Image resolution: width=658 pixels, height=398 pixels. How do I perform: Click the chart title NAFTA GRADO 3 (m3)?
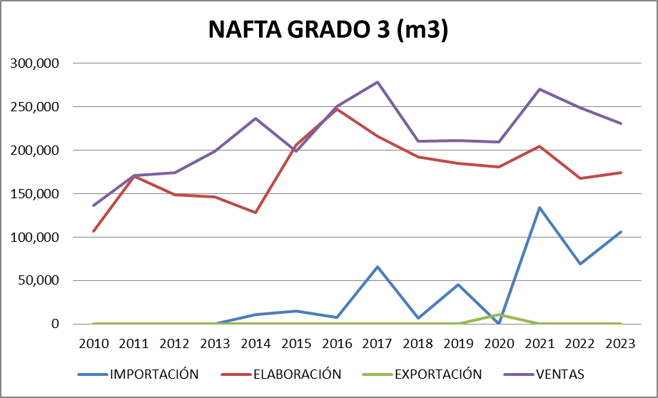pos(328,30)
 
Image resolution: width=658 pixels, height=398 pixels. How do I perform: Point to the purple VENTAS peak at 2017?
pos(377,82)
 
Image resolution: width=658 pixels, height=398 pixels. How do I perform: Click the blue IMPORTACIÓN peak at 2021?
pos(540,208)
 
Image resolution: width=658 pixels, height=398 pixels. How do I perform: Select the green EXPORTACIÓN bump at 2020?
pos(499,315)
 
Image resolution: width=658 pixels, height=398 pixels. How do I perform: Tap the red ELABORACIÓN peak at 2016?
pos(337,108)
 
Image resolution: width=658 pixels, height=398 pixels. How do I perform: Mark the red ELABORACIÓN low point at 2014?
pos(255,213)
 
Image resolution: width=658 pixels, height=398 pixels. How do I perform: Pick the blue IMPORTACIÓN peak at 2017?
pos(377,267)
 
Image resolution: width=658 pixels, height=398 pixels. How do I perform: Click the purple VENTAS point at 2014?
pos(255,118)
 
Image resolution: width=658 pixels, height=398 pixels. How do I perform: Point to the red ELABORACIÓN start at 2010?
pos(93,231)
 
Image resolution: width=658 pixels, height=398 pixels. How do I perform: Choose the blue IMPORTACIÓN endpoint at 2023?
pos(620,232)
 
